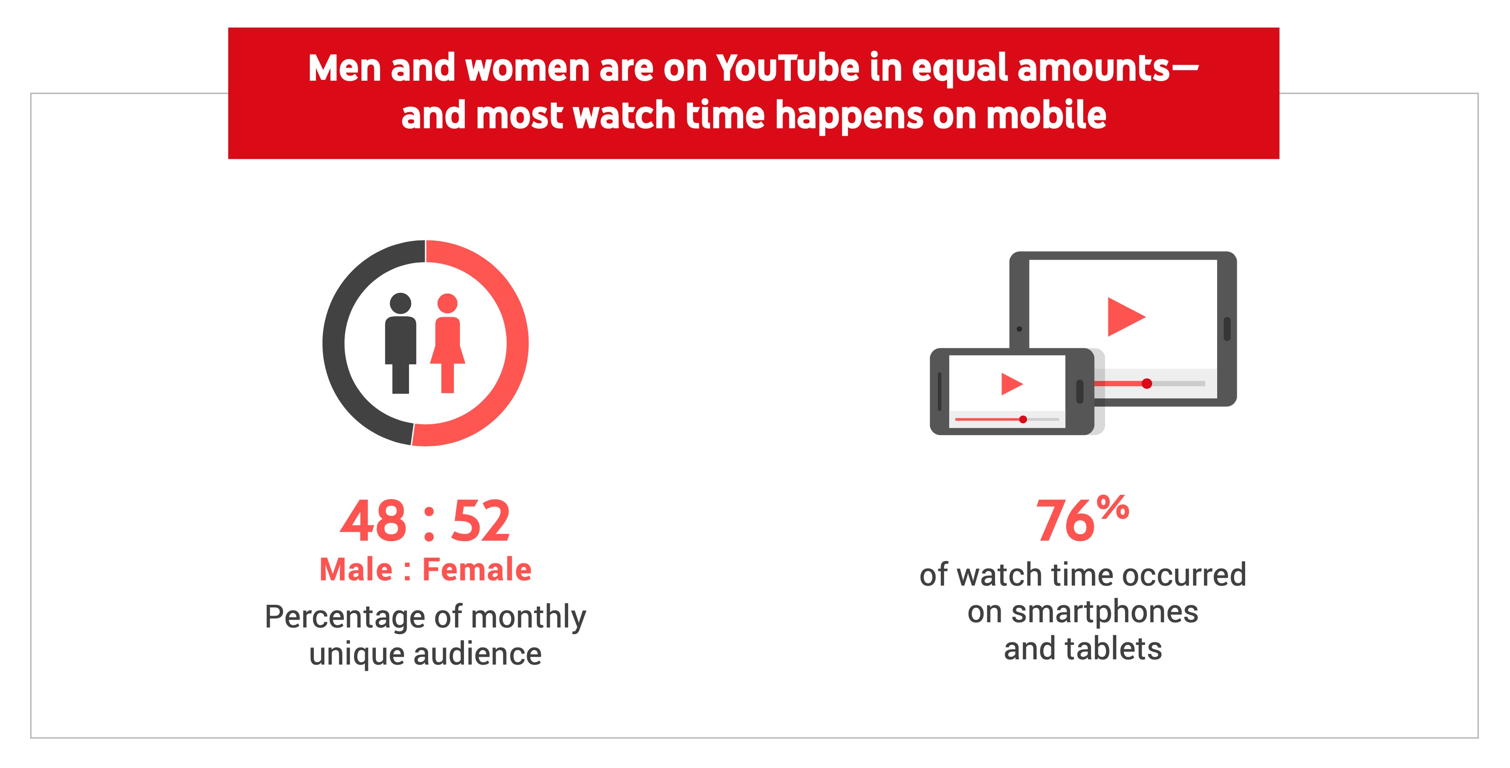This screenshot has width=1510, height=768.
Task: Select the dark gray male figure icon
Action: coord(400,343)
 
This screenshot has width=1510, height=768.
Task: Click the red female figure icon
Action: coord(447,343)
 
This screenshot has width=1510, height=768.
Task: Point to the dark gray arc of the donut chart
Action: coord(334,343)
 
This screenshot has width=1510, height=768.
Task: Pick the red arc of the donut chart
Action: coord(517,343)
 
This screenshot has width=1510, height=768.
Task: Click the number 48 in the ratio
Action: coord(373,521)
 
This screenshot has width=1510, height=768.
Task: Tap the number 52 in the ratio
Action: coord(480,521)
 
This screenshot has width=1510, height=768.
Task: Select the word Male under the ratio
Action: coord(356,569)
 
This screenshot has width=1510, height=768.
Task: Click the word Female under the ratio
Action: coord(477,569)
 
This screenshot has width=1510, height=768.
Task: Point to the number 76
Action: coord(1065,521)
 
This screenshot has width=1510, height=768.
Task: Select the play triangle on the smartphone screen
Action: coord(1012,384)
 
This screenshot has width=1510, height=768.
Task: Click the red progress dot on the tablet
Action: coord(1146,384)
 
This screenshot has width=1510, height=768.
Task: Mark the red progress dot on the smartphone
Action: coord(1023,419)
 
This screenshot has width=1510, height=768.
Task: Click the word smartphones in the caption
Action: coord(1105,612)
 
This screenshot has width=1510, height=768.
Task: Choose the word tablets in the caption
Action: coord(1113,649)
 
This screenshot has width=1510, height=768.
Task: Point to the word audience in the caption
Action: coord(477,654)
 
